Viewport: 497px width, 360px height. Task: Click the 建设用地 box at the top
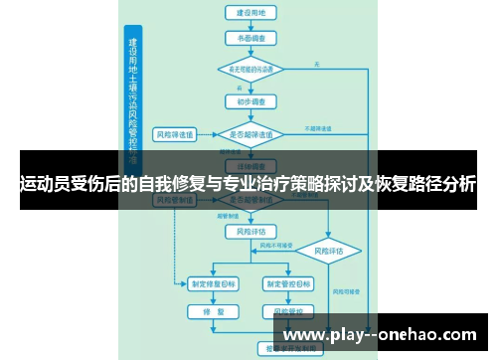pyautogui.click(x=250, y=14)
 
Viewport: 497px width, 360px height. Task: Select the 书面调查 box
pyautogui.click(x=250, y=39)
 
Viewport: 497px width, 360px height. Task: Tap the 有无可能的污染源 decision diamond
pyautogui.click(x=250, y=70)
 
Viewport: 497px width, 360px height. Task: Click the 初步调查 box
pyautogui.click(x=250, y=100)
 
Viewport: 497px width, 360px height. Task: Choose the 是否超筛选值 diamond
pyautogui.click(x=250, y=132)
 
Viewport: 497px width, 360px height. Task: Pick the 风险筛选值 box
pyautogui.click(x=174, y=132)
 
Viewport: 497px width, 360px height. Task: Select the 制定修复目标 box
pyautogui.click(x=215, y=283)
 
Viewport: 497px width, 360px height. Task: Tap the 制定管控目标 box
pyautogui.click(x=287, y=283)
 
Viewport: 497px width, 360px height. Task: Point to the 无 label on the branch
pyautogui.click(x=317, y=64)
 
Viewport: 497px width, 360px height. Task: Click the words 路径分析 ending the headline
pyautogui.click(x=437, y=184)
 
